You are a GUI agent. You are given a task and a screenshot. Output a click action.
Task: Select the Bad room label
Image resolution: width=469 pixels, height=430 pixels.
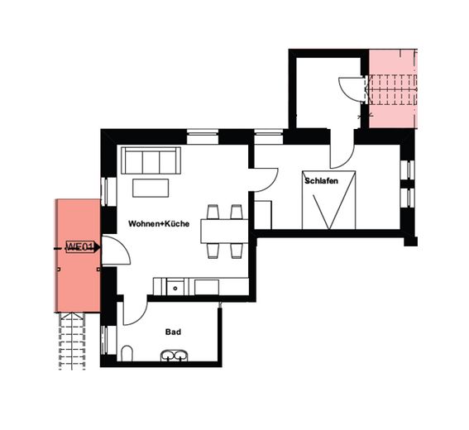[173, 332]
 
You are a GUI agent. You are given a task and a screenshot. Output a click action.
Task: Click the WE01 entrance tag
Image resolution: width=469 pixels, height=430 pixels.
[82, 247]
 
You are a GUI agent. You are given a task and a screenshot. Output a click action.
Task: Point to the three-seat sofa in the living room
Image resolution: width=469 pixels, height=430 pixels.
[149, 160]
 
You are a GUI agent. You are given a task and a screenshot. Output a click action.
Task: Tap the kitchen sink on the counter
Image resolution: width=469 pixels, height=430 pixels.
[175, 287]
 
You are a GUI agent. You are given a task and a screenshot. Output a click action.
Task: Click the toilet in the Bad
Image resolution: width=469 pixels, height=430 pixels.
[125, 355]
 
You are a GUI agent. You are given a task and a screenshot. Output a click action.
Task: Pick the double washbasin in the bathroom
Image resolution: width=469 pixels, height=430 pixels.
[175, 356]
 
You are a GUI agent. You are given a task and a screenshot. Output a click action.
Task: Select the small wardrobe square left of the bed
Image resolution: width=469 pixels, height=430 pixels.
[263, 213]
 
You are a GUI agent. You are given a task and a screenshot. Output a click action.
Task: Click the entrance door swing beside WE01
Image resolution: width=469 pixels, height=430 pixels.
[114, 251]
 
